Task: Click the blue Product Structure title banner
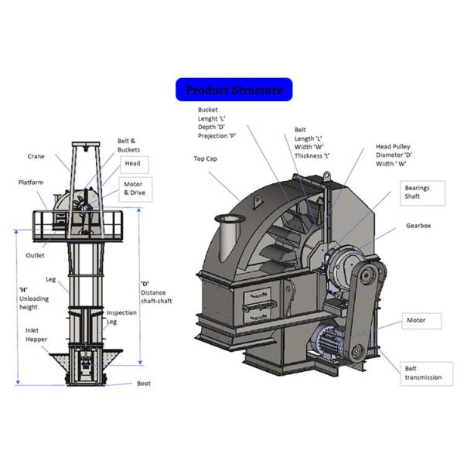click(234, 90)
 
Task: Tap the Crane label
click(36, 156)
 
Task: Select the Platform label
click(31, 183)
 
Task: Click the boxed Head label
click(134, 165)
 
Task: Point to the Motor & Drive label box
click(135, 189)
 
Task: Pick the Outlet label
click(35, 255)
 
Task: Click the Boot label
click(144, 384)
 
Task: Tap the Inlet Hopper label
click(36, 335)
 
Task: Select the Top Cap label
click(206, 159)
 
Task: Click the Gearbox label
click(418, 226)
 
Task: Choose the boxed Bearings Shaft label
click(422, 193)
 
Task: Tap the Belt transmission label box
click(426, 374)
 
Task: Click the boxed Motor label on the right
click(421, 321)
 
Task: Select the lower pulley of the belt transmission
click(357, 352)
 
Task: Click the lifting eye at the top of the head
click(326, 176)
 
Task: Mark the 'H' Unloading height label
click(34, 299)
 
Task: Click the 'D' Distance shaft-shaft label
click(156, 292)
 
